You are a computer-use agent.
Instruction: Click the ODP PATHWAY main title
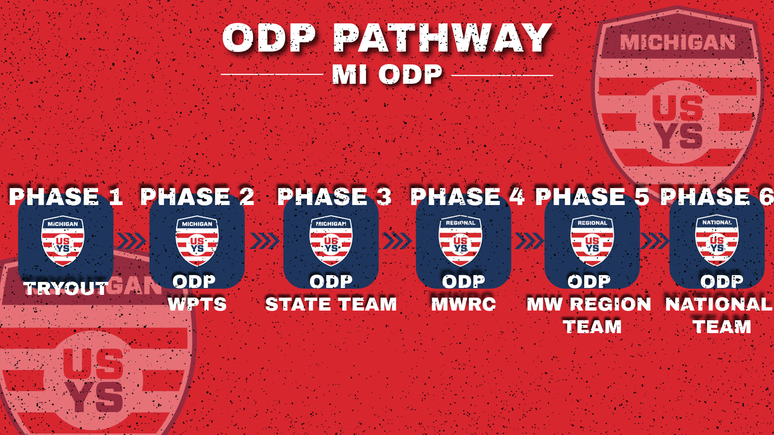pos(387,38)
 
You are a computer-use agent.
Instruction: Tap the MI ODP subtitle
pos(387,75)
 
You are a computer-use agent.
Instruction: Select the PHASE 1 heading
pos(66,197)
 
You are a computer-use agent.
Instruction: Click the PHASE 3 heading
pos(334,197)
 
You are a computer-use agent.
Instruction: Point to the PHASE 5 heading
pos(592,197)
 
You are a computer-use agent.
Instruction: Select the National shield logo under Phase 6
pos(717,241)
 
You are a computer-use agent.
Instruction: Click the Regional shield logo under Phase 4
pos(460,241)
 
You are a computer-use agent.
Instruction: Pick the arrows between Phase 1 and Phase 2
pos(131,241)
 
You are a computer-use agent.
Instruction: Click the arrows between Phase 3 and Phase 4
pos(397,241)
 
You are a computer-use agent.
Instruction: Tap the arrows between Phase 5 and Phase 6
pos(655,241)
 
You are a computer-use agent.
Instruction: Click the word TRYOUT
pos(66,288)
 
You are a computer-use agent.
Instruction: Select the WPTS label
pos(197,304)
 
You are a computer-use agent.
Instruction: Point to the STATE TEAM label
pos(331,304)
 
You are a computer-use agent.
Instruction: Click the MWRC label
pos(464,304)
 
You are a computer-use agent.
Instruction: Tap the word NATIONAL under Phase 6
pos(718,304)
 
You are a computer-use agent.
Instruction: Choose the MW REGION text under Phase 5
pos(589,304)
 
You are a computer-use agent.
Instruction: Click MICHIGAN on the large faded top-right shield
pos(677,43)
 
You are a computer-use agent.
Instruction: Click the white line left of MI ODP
pos(272,75)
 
